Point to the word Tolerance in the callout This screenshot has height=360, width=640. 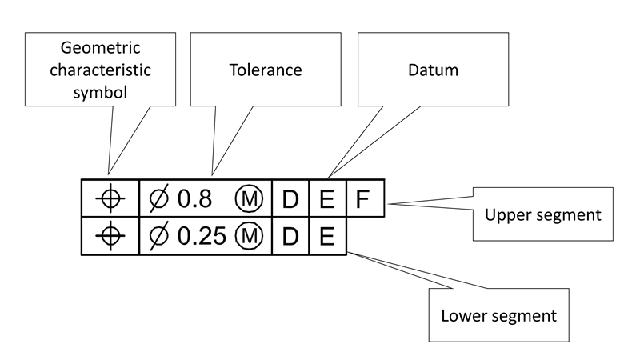point(260,70)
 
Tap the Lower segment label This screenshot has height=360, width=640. point(498,315)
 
